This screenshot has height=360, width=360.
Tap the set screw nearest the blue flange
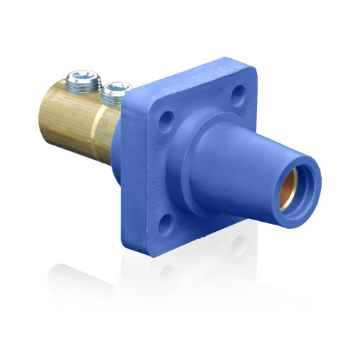[115, 91]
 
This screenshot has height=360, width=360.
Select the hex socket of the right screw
[116, 87]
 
